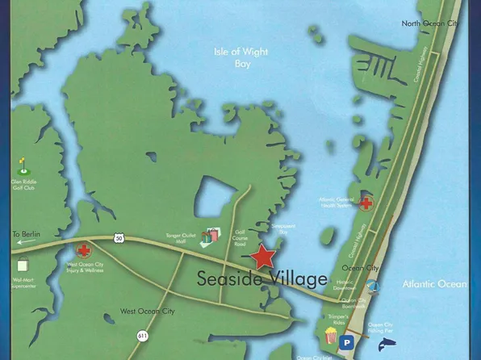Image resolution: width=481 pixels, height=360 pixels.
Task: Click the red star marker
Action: coord(262,257)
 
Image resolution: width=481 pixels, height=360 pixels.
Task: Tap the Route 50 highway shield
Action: coord(119,238)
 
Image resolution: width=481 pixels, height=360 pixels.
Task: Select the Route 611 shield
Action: coord(142,335)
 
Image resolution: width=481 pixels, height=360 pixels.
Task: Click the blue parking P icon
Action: coord(346,343)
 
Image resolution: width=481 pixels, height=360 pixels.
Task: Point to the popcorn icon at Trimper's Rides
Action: coord(331,334)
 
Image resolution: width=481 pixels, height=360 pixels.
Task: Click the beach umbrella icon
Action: coord(372,286)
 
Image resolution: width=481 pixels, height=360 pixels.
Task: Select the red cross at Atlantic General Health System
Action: coord(366,203)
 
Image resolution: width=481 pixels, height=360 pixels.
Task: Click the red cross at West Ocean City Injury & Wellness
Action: coord(83,251)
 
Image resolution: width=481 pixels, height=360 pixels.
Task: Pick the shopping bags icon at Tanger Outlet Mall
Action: coord(212,236)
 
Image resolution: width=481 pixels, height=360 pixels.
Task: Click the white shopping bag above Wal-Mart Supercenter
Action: coord(22,264)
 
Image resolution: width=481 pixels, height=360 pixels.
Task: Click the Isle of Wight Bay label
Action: coord(241,57)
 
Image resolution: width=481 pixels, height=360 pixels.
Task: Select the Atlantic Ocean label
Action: coord(434,284)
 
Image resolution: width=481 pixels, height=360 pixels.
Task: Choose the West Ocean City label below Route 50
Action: coord(148,311)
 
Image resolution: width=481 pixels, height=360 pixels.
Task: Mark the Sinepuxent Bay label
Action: coord(283,230)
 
